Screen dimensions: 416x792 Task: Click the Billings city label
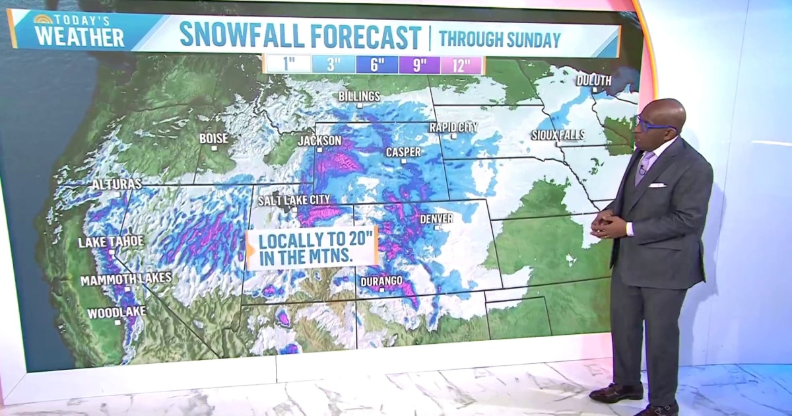(360, 96)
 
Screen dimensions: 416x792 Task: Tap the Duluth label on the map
(594, 81)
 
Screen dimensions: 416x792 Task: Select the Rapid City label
(453, 126)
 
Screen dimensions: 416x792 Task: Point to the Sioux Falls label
(558, 135)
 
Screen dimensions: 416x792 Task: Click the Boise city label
(214, 138)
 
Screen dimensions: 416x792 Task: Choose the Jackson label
(319, 141)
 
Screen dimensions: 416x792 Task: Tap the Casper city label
(403, 152)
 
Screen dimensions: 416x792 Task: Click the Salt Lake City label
(294, 199)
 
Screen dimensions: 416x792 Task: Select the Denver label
(437, 219)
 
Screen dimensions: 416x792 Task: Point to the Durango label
(381, 281)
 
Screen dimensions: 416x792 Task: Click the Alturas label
(116, 184)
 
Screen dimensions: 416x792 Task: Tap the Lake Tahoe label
(110, 242)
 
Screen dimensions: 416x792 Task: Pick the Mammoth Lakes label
(126, 279)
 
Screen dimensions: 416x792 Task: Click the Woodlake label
(117, 313)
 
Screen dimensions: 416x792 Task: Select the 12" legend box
(461, 65)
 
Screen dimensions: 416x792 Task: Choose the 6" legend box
(377, 65)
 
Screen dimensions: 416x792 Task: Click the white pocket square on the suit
(656, 186)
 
